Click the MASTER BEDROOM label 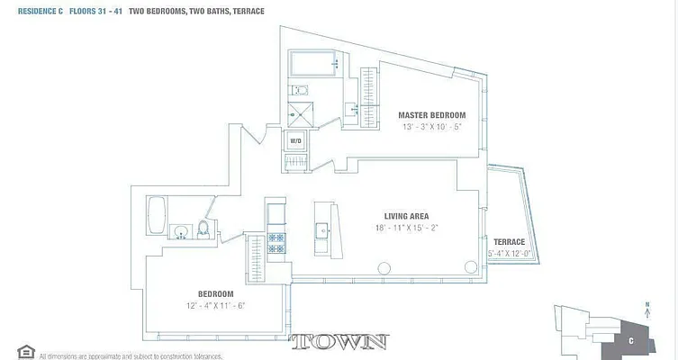click(x=432, y=115)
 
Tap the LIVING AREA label click(x=406, y=216)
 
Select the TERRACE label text click(x=510, y=242)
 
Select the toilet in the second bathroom click(x=203, y=230)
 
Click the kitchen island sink click(x=321, y=231)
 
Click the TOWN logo click(x=339, y=342)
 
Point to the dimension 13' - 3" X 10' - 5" click(x=433, y=127)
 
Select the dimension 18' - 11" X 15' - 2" click(x=406, y=228)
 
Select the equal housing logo click(x=25, y=351)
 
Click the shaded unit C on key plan click(x=631, y=340)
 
